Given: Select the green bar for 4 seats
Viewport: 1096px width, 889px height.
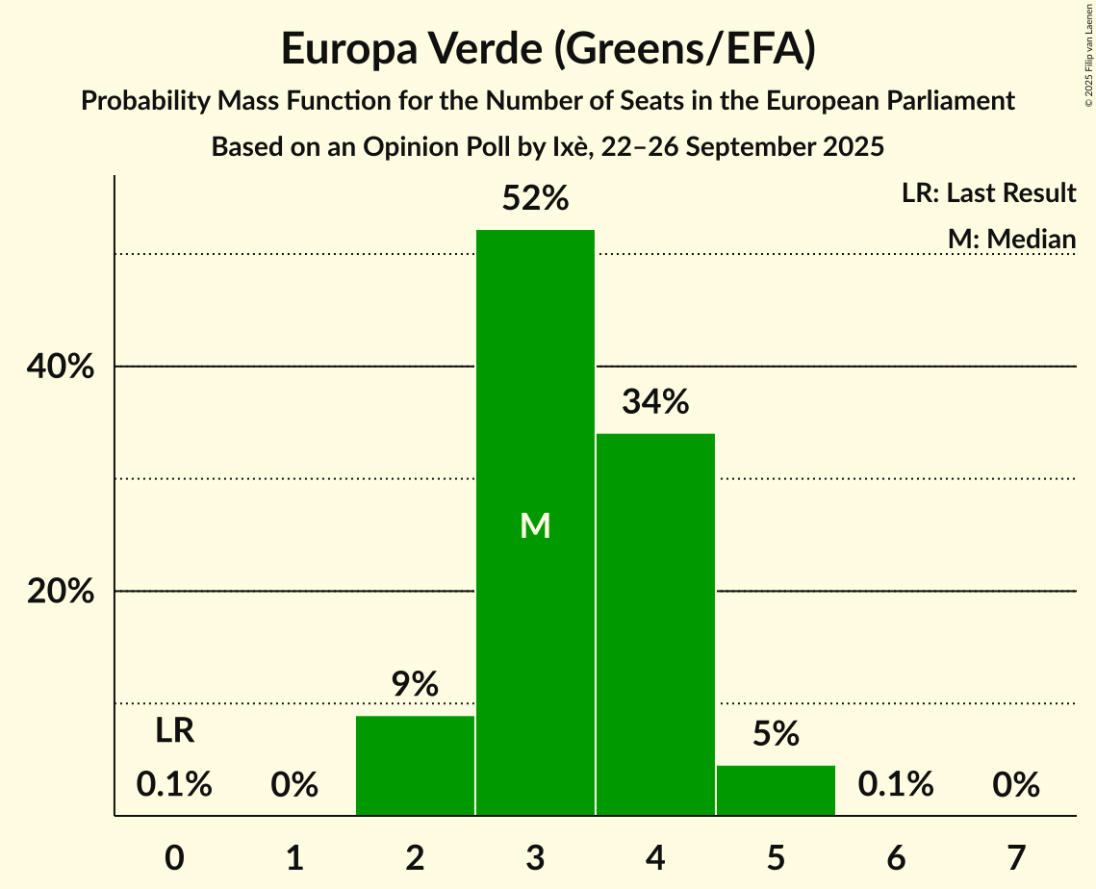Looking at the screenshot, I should [x=655, y=624].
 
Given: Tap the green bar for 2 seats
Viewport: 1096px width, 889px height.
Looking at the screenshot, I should [x=415, y=766].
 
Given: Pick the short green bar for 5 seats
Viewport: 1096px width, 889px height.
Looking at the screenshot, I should [x=776, y=790].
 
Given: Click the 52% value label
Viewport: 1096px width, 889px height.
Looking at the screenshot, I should [x=535, y=199].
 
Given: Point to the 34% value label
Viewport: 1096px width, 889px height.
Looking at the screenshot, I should [x=655, y=402].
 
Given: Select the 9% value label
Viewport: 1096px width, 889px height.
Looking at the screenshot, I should [x=415, y=684].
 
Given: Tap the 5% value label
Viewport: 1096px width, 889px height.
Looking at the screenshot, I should [x=776, y=734].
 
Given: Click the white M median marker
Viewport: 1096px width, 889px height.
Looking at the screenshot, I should [x=535, y=525].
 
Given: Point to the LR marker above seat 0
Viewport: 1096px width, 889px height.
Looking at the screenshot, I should [x=175, y=731].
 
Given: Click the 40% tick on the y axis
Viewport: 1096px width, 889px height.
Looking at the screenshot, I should [x=61, y=368].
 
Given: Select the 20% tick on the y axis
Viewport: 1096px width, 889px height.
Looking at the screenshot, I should [x=61, y=592].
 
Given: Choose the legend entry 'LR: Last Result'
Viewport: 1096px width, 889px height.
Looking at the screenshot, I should [x=988, y=193].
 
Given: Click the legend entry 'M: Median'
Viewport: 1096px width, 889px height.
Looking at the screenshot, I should [x=1011, y=239].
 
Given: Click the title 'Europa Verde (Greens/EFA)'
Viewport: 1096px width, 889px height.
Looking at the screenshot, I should [x=548, y=49].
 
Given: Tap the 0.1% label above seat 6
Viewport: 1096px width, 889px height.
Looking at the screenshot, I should [x=896, y=785].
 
